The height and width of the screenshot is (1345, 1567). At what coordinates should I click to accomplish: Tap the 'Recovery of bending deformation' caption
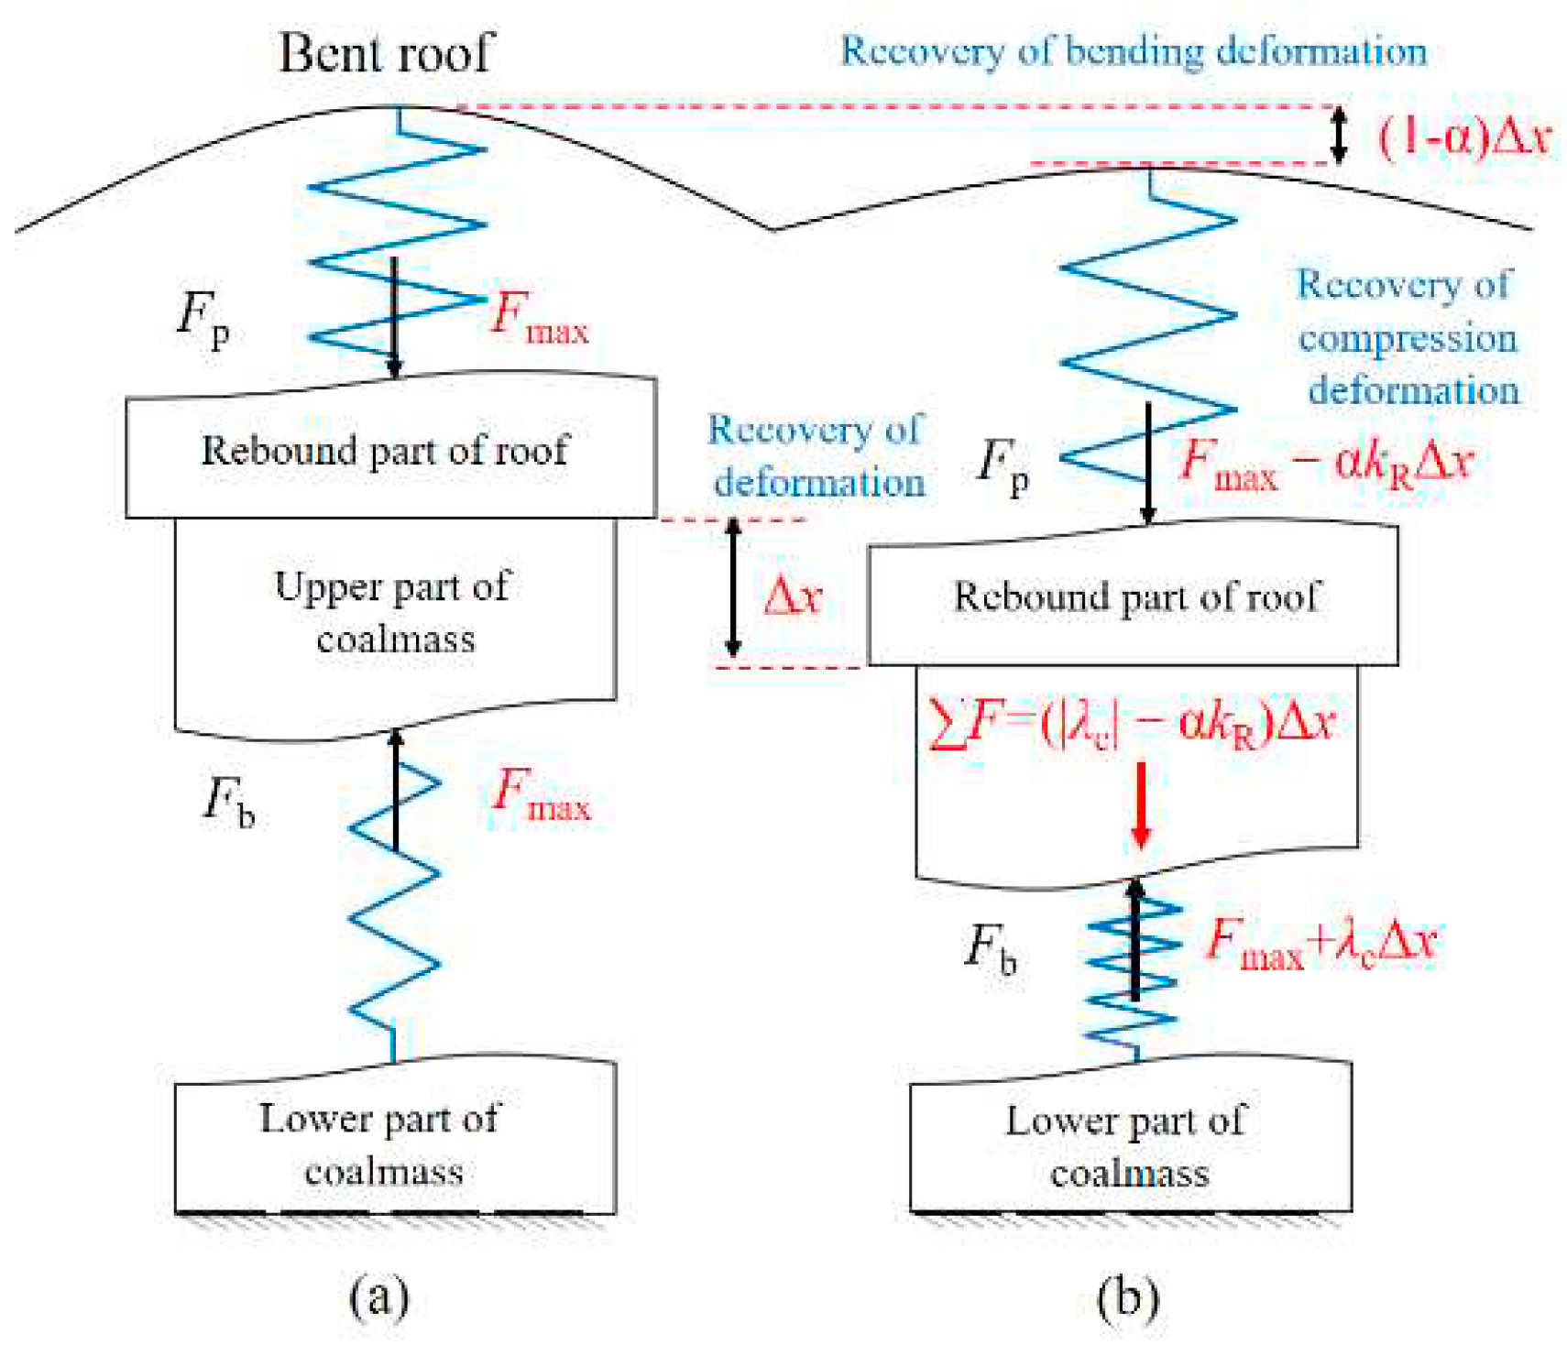click(x=1134, y=51)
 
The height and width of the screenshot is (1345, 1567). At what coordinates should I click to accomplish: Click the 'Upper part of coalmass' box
click(x=394, y=612)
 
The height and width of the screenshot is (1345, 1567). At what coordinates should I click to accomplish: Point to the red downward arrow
click(x=1140, y=804)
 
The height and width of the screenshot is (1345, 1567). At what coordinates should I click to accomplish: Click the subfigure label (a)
click(x=378, y=1296)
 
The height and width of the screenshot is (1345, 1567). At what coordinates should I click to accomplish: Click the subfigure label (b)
click(x=1127, y=1296)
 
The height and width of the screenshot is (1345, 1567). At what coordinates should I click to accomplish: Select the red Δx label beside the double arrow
click(x=793, y=596)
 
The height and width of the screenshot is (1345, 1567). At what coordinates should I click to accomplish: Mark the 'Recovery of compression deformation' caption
click(x=1407, y=337)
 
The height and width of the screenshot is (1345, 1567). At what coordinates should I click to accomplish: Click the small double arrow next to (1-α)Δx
click(x=1339, y=136)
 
